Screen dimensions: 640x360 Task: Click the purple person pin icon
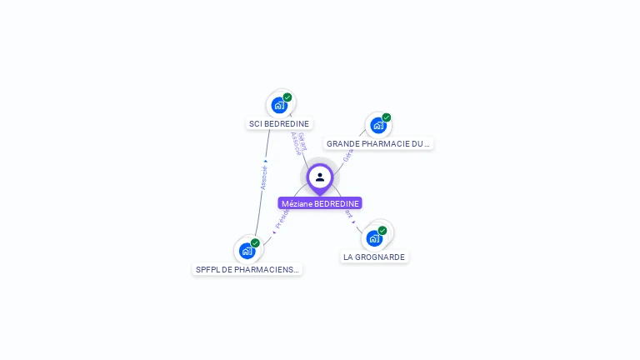tap(320, 177)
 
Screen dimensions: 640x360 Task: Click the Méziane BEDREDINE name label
tap(320, 203)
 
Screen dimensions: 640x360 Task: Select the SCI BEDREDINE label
tap(279, 124)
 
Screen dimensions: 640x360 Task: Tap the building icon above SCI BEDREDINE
tap(279, 106)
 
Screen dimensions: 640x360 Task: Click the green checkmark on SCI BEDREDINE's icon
tap(287, 97)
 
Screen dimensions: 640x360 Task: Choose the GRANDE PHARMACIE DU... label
tap(378, 144)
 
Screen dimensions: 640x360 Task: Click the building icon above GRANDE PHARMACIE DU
tap(378, 126)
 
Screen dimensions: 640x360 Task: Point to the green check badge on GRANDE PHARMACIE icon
tap(387, 117)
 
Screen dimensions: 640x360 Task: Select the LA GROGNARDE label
tap(374, 257)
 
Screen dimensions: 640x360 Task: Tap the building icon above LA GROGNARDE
tap(374, 238)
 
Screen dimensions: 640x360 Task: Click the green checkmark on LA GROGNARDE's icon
tap(382, 230)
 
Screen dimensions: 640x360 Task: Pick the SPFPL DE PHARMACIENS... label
tap(247, 270)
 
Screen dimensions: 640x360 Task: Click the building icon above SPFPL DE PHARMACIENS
tap(247, 251)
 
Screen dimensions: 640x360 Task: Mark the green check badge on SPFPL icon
tap(255, 242)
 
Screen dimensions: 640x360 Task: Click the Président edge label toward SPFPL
tap(281, 219)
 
